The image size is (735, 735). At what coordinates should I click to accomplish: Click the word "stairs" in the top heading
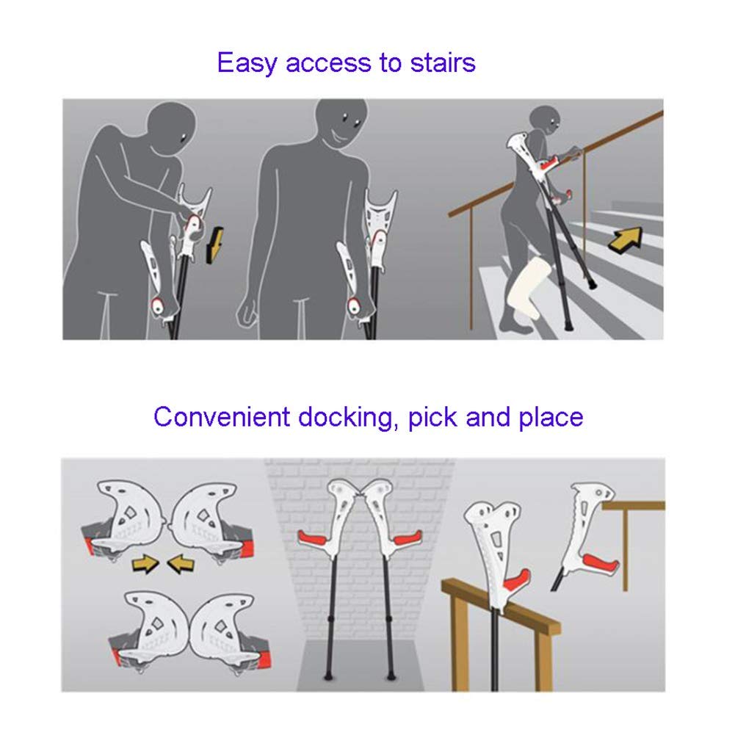[x=443, y=63]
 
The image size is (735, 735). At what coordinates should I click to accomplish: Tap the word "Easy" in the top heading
[x=247, y=64]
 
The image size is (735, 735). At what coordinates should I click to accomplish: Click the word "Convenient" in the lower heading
[x=222, y=416]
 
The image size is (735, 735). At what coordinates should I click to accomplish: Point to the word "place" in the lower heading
[x=551, y=417]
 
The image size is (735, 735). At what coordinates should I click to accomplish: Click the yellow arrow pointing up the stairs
[x=626, y=238]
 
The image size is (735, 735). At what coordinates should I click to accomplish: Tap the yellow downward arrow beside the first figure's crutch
[x=214, y=245]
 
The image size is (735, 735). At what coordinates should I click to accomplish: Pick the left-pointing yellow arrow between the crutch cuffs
[x=181, y=563]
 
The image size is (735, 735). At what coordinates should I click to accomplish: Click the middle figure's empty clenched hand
[x=247, y=313]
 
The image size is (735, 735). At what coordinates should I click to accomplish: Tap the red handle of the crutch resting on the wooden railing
[x=517, y=579]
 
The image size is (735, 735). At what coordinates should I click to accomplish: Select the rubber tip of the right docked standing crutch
[x=391, y=676]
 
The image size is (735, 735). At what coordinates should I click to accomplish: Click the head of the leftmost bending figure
[x=170, y=126]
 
